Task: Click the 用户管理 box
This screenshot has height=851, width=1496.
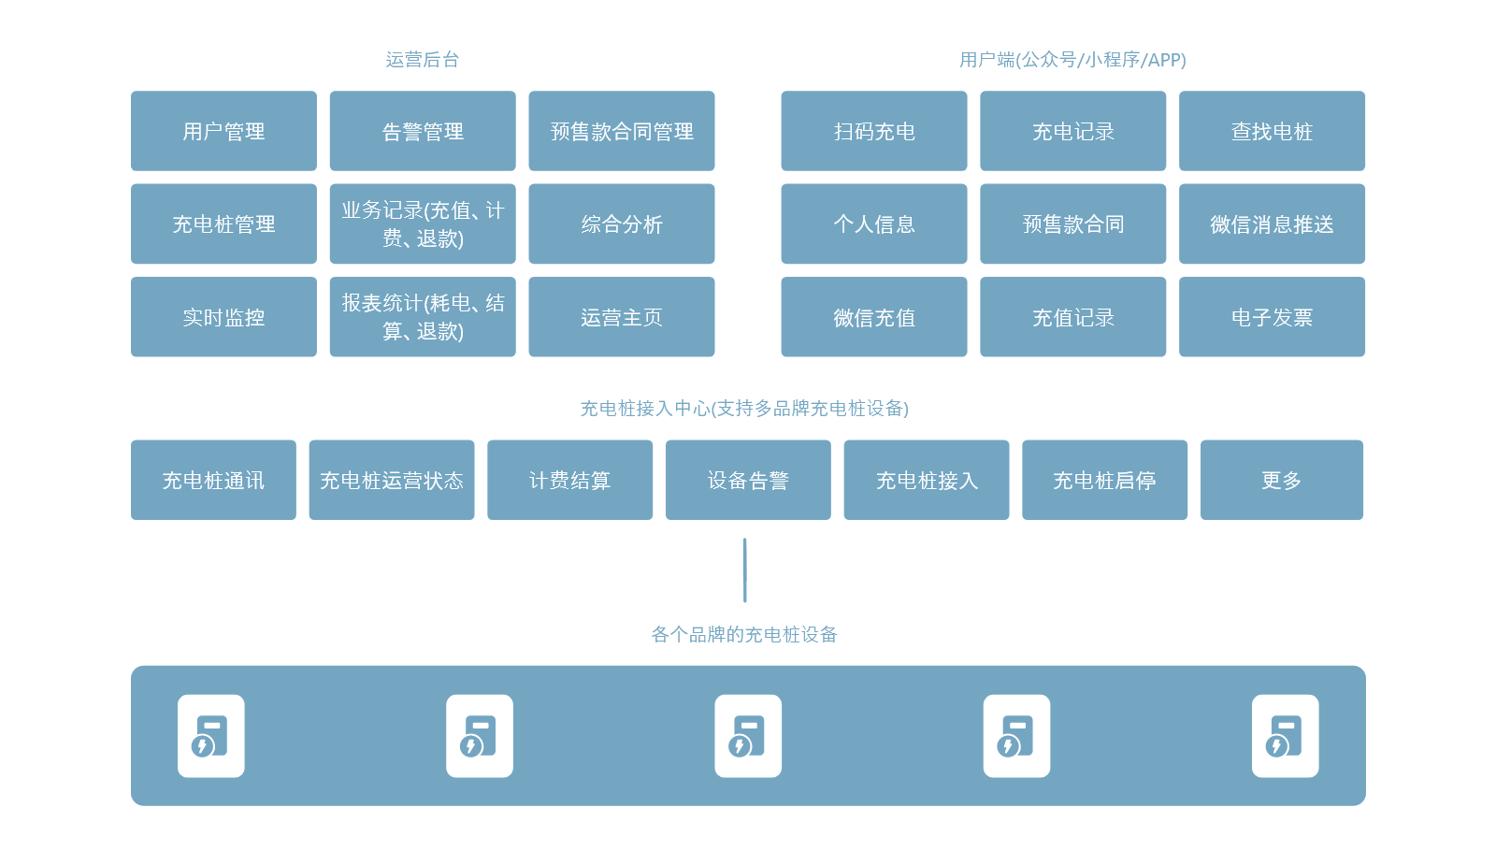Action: point(223,131)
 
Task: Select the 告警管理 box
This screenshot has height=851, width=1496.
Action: point(423,131)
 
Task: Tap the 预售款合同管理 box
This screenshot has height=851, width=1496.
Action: point(622,131)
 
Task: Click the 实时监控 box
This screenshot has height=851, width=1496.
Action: point(223,317)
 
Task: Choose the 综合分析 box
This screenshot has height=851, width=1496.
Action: point(622,224)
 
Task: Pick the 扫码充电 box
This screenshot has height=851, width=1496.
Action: point(874,131)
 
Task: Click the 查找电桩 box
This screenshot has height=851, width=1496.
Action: point(1272,131)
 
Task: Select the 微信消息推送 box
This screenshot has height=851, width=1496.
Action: point(1272,224)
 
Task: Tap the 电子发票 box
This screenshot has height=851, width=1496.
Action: point(1272,317)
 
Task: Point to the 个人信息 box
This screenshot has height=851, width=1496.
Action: point(874,224)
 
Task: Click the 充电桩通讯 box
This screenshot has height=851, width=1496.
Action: point(213,480)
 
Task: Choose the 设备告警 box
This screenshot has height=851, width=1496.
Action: point(748,480)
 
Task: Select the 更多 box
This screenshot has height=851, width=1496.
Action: point(1282,480)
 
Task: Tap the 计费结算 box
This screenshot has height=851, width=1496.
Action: point(570,480)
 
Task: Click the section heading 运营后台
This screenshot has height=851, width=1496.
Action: point(423,60)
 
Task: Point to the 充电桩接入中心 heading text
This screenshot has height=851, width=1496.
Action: point(744,409)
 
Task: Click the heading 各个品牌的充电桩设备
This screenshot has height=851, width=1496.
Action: point(744,635)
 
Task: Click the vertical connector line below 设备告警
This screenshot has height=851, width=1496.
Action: point(745,570)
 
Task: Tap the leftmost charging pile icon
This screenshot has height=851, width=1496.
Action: point(211,736)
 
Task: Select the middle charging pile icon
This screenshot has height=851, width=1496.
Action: point(748,736)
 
